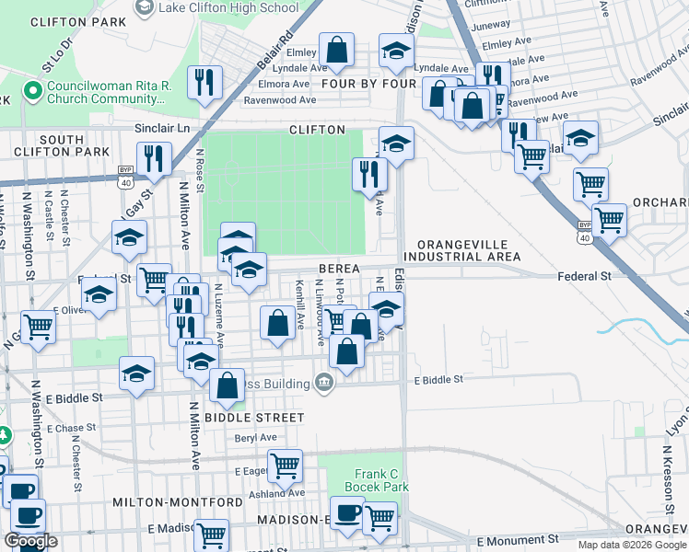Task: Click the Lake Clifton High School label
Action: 228,7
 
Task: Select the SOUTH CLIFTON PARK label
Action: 63,145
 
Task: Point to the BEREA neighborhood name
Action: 338,268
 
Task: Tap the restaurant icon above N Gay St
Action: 154,157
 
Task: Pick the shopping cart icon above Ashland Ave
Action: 286,465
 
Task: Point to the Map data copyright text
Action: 630,545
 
